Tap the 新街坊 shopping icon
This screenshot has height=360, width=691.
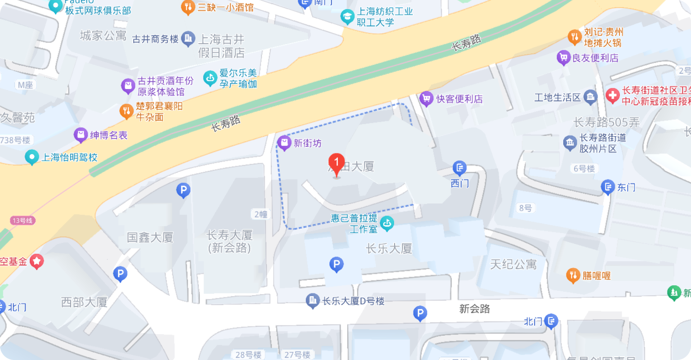click(284, 143)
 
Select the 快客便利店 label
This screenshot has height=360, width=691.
click(459, 99)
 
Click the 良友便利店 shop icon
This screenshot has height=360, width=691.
click(563, 58)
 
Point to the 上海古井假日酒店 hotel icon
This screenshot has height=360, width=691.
click(188, 39)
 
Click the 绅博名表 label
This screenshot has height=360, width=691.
click(109, 135)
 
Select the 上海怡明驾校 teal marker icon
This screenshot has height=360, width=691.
click(32, 157)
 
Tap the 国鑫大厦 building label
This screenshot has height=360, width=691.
click(150, 237)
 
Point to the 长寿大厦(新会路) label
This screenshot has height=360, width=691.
click(229, 241)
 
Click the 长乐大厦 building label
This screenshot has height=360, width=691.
click(389, 248)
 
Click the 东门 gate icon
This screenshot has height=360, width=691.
click(608, 187)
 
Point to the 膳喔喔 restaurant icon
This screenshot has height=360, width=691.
click(573, 275)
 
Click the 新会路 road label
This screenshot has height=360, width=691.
click(475, 309)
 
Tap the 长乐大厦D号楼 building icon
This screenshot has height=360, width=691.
click(312, 301)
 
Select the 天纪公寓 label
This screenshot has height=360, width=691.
click(513, 264)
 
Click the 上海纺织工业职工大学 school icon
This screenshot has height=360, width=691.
click(347, 17)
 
